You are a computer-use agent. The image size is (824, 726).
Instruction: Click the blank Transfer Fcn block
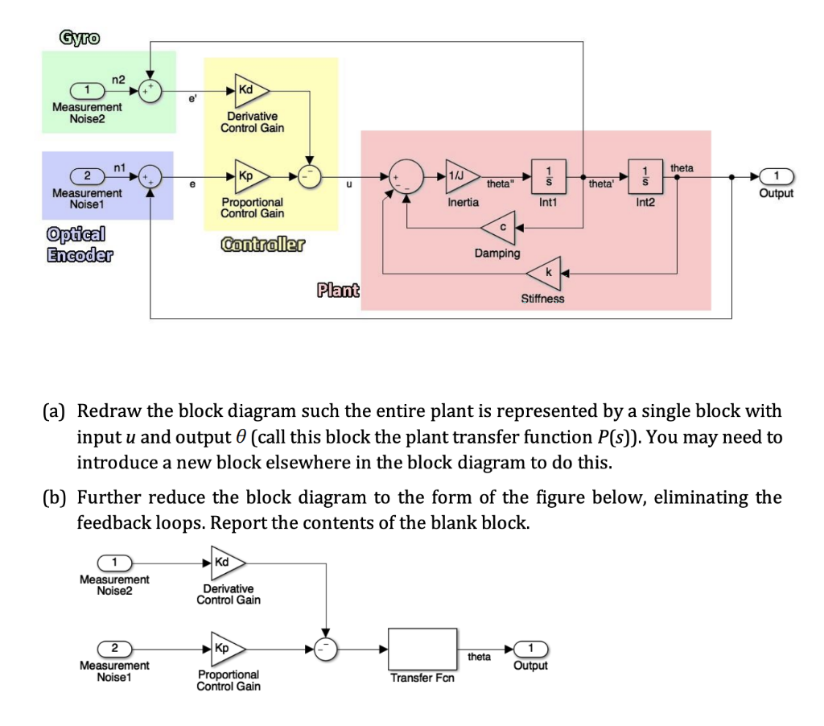click(x=422, y=648)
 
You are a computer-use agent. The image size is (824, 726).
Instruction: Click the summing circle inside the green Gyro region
click(x=150, y=90)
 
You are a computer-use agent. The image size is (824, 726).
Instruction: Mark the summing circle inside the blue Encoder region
click(x=150, y=175)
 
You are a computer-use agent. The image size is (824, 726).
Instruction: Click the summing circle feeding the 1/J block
click(x=406, y=175)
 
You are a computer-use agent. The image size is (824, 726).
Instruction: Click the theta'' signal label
click(x=499, y=184)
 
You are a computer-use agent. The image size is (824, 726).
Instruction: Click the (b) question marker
click(x=55, y=497)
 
